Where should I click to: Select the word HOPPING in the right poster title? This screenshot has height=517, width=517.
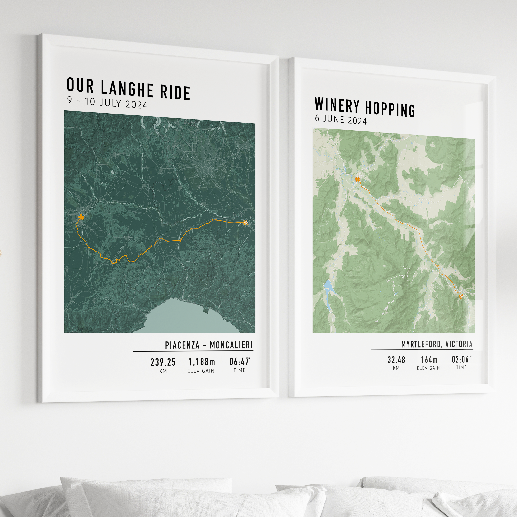pos(390,109)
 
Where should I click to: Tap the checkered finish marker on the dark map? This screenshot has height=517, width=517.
pos(246,222)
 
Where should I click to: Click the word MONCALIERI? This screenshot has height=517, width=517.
pos(231,345)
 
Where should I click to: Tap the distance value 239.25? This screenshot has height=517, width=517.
pos(163,362)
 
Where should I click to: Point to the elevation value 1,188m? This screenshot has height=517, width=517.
pos(202,362)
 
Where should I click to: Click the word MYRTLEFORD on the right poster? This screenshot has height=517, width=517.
pos(421,344)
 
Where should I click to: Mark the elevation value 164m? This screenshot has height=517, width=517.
pos(429,360)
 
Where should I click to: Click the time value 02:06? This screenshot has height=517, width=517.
pos(460,359)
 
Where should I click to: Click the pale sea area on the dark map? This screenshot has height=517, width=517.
pos(187,318)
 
